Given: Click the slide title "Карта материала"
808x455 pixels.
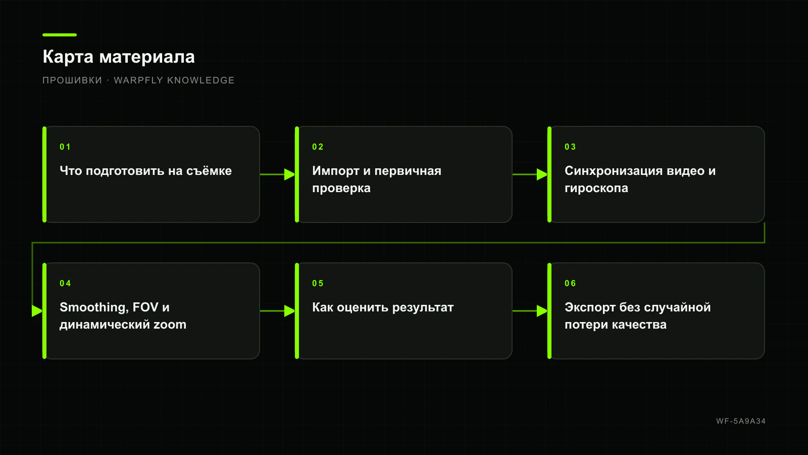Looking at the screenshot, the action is click(x=119, y=57).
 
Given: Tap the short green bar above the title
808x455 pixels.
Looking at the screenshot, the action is click(x=60, y=35).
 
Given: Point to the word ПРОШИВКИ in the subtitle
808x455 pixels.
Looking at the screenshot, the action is click(x=72, y=80).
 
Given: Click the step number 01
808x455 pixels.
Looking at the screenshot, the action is click(x=65, y=147).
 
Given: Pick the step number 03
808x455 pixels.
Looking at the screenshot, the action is click(x=570, y=147).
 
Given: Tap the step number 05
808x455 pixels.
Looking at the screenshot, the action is click(x=318, y=283).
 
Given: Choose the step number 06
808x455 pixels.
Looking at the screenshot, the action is click(x=570, y=283).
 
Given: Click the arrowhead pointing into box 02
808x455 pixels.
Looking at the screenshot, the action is click(x=290, y=174).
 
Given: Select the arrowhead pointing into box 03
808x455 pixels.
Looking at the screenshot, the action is click(x=542, y=174).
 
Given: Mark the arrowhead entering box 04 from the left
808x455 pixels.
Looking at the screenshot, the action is click(x=37, y=311).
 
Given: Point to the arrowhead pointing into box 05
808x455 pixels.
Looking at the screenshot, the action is click(x=290, y=311).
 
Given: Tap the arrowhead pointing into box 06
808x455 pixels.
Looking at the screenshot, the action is click(x=542, y=311).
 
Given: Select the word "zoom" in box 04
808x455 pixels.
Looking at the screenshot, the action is click(x=170, y=325).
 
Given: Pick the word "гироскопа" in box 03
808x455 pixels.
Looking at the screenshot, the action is click(x=596, y=189).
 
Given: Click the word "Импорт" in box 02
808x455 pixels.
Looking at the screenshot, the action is click(x=336, y=171).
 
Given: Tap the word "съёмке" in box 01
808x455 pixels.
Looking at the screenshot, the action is click(x=209, y=171).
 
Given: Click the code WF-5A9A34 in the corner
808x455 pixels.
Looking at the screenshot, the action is click(x=741, y=421).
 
